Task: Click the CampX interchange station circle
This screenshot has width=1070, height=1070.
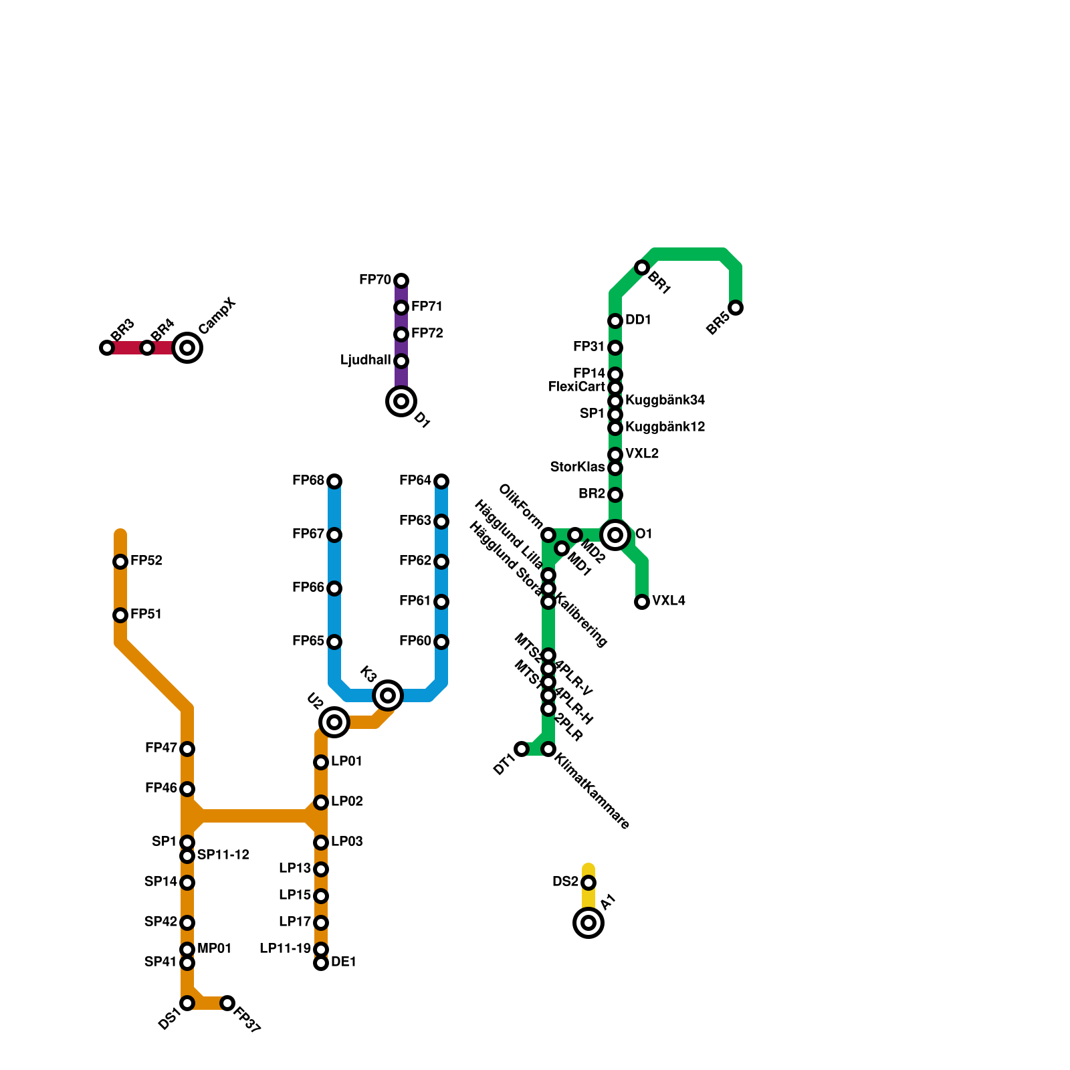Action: point(187,348)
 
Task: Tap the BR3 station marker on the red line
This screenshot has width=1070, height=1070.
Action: point(107,348)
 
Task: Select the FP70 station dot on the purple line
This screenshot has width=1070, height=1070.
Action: point(401,281)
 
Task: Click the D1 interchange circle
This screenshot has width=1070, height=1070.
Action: point(401,401)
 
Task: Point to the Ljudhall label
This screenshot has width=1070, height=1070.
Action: point(365,360)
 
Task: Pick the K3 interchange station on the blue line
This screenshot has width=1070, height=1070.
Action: point(388,695)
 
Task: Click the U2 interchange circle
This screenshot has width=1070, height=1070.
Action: point(334,722)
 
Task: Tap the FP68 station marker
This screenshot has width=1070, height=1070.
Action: point(334,481)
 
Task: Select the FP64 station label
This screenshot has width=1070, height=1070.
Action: point(415,481)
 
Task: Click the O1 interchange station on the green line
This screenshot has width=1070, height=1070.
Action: point(615,535)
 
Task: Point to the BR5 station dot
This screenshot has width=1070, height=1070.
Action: point(736,308)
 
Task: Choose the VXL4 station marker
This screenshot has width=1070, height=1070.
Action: point(642,602)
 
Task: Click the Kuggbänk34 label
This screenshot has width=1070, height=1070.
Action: point(665,401)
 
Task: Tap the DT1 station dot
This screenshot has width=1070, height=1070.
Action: point(522,749)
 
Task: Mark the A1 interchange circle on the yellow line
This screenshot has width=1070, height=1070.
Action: point(588,923)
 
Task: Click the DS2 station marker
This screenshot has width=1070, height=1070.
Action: point(588,883)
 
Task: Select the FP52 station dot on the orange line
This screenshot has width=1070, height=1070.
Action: point(120,562)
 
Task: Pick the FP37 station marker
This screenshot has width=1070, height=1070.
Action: point(227,1003)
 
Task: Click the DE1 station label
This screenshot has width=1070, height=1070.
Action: point(344,962)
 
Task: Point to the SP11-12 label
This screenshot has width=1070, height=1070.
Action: point(223,855)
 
